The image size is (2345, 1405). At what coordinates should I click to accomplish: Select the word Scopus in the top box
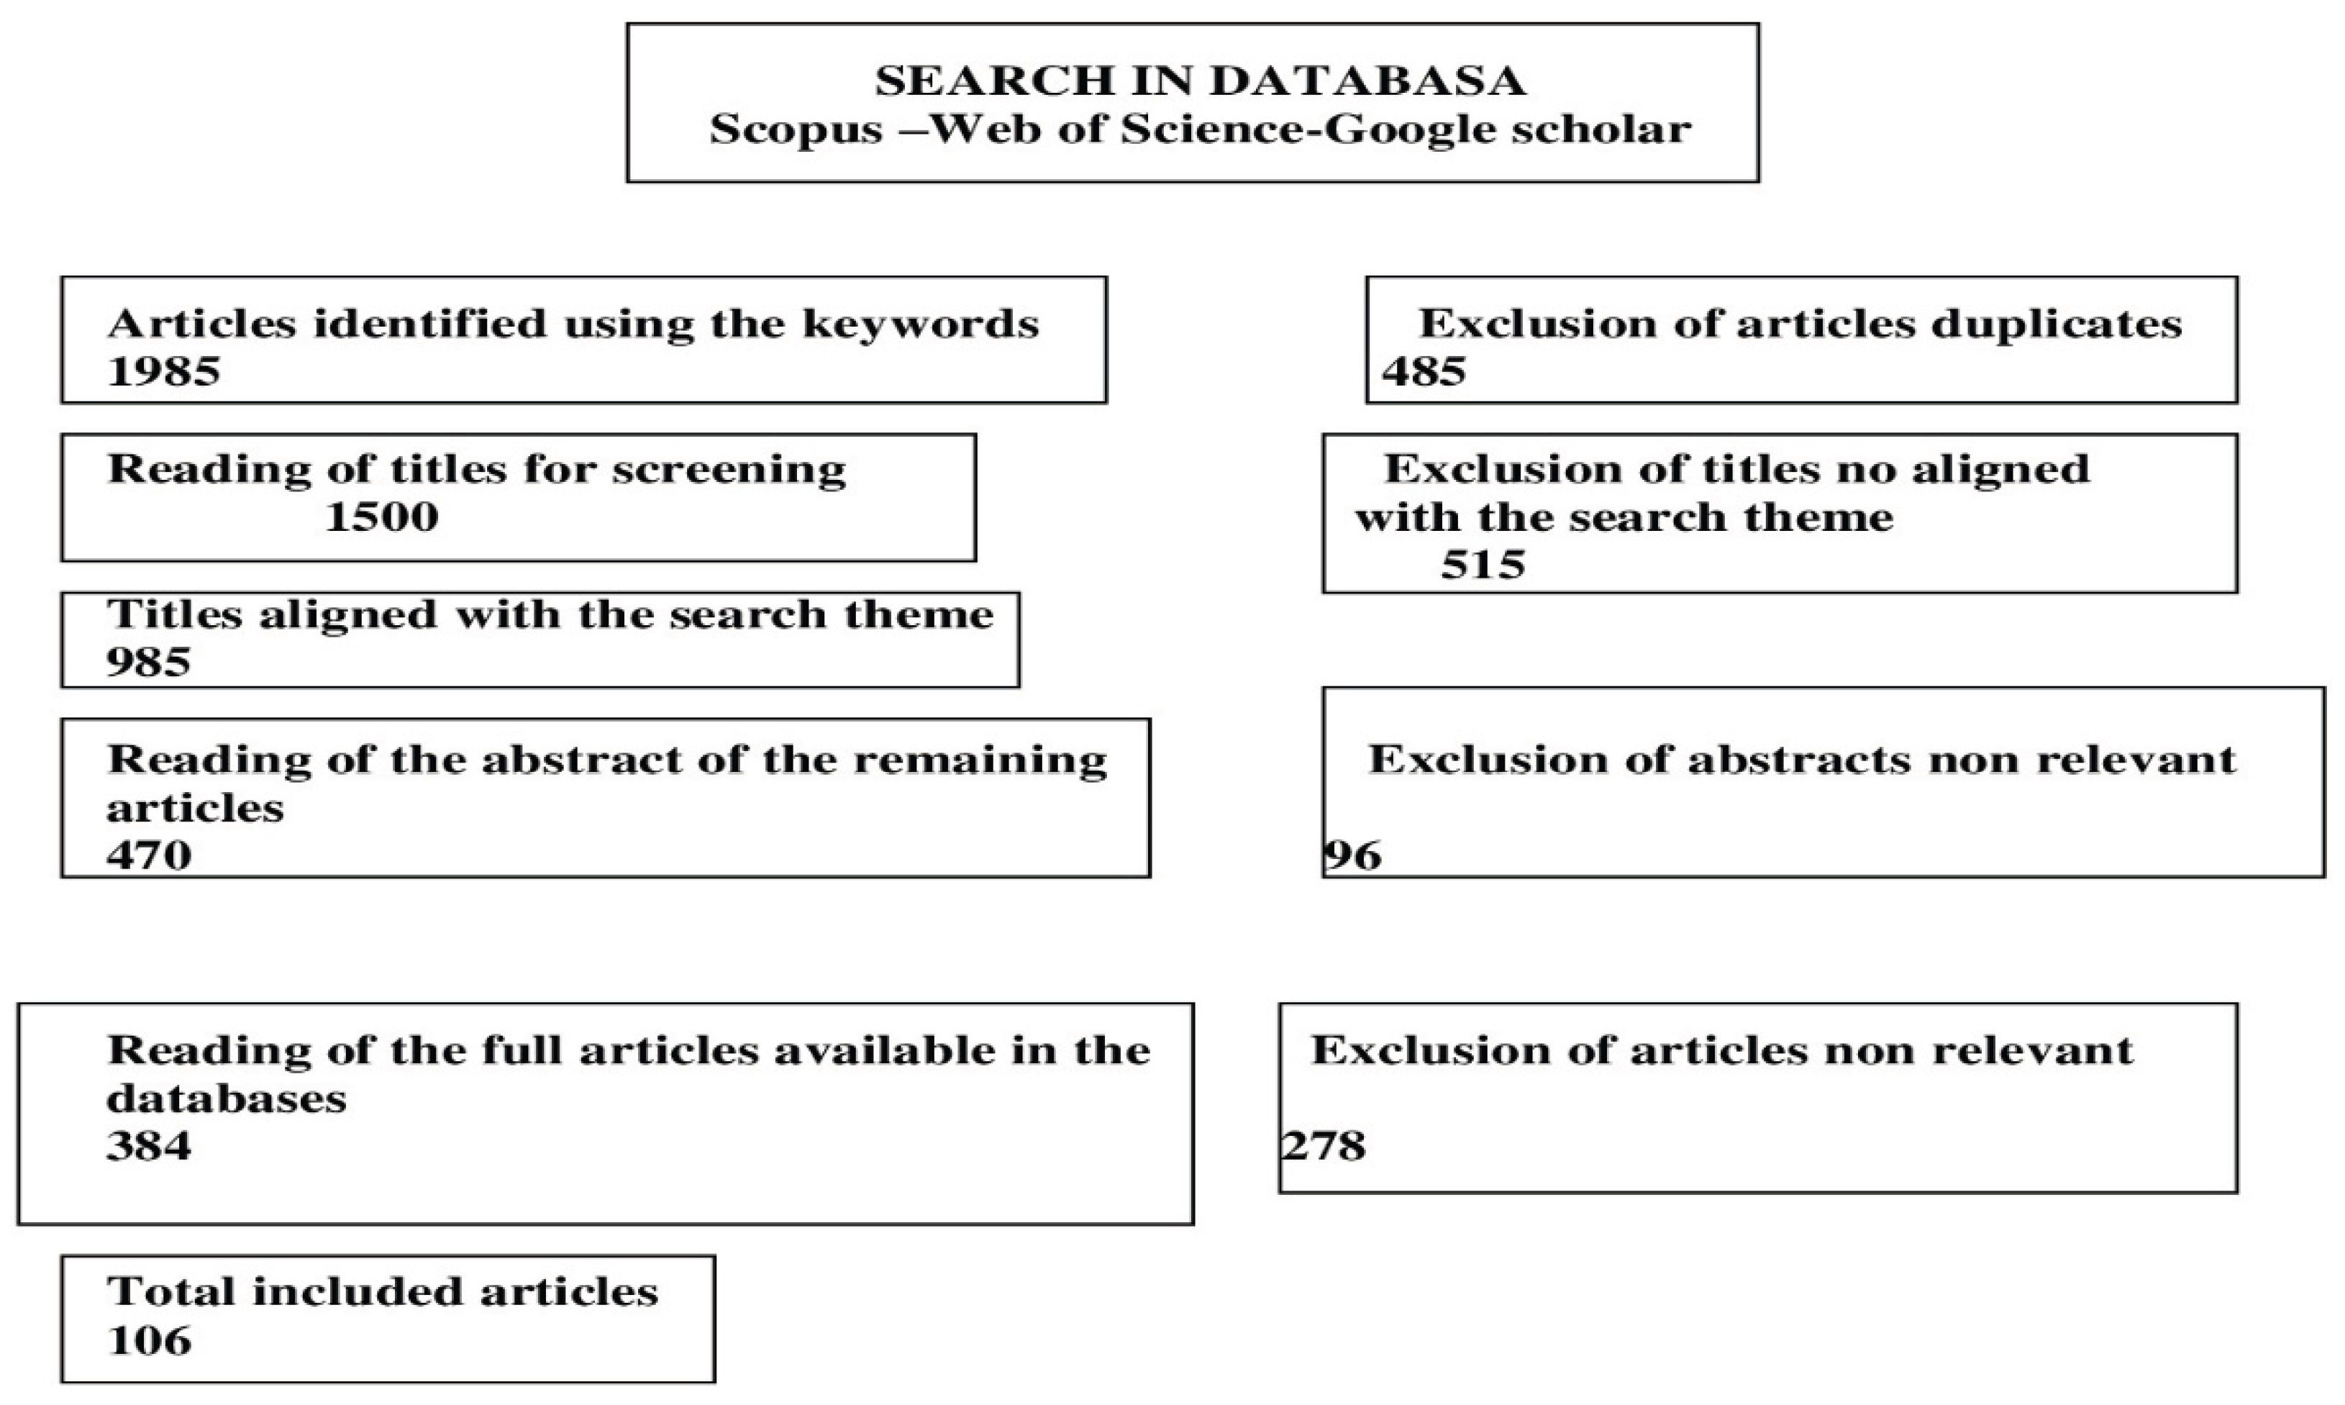[796, 129]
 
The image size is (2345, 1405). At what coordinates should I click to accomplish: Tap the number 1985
[164, 371]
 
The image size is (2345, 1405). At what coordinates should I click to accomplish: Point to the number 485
[1424, 371]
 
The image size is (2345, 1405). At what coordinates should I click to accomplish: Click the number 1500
[381, 517]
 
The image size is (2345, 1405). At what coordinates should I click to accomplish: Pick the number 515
[1483, 565]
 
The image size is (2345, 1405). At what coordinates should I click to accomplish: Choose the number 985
[149, 662]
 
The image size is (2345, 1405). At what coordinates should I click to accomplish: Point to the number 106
[150, 1341]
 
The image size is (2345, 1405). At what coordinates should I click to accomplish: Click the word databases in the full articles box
[227, 1099]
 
